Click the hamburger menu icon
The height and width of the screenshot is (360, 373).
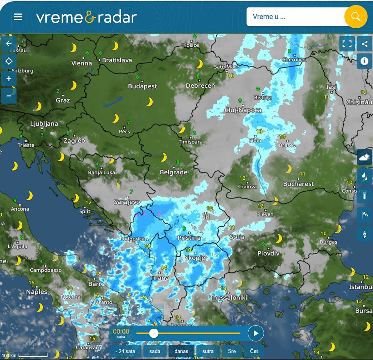pos(18,17)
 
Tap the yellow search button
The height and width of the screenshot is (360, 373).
pos(355,16)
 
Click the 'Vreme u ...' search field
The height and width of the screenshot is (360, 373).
pos(295,17)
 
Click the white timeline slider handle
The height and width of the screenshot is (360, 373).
pos(154,333)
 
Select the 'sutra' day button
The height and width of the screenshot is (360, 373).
pos(208,351)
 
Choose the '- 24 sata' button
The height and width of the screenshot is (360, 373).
pos(125,351)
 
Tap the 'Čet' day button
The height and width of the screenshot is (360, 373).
pos(254,351)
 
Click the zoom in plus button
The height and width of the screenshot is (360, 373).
pos(9,78)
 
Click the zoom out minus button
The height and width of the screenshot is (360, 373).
pos(9,95)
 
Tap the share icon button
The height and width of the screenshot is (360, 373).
pos(365,44)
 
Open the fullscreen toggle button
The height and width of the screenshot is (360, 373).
pos(347,44)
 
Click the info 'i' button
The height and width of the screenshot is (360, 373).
pos(364,61)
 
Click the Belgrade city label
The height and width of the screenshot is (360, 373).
pos(173,172)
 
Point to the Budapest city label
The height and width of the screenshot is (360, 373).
pos(142,86)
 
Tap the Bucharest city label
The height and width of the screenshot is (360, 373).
pos(298,184)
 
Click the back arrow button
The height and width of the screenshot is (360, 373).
pos(9,44)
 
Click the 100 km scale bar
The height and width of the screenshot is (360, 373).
pos(33,355)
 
